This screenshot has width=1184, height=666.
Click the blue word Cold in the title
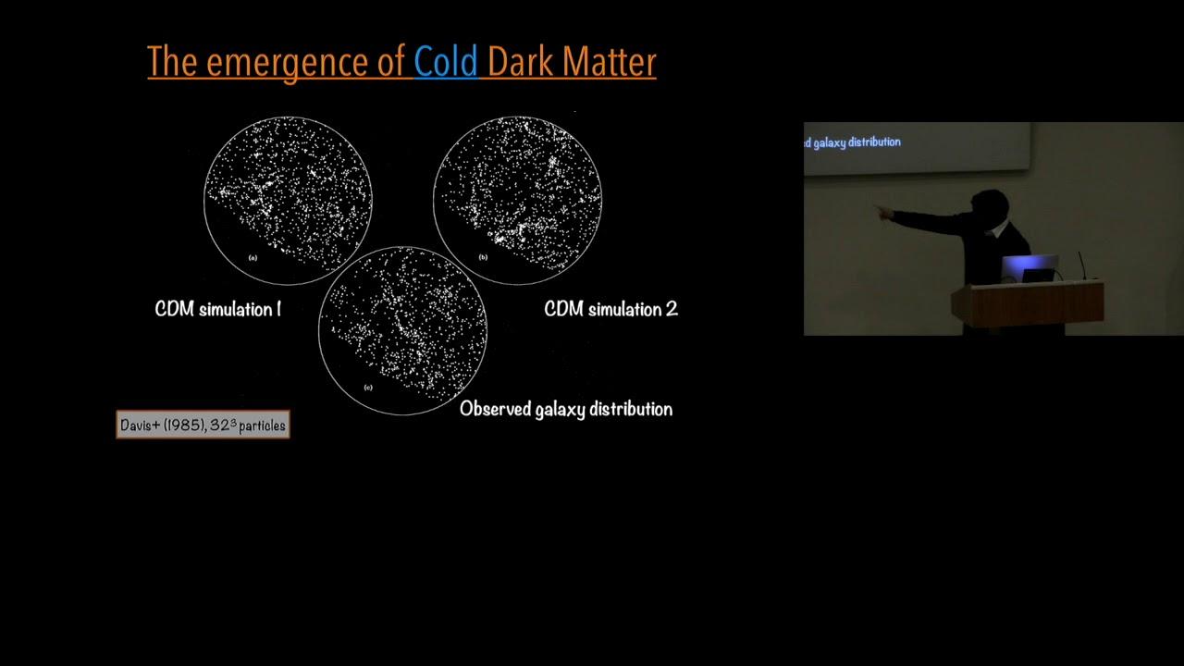[446, 61]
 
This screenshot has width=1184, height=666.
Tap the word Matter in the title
[609, 61]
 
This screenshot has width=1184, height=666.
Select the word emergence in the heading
[287, 63]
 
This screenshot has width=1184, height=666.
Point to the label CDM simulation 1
[217, 309]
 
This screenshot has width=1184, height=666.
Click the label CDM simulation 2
[610, 309]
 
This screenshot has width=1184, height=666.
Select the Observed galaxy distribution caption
[566, 409]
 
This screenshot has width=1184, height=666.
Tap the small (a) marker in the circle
[253, 258]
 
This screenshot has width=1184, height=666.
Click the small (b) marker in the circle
[483, 257]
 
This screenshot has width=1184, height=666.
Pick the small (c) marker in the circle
[368, 388]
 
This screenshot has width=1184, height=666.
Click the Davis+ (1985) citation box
[203, 425]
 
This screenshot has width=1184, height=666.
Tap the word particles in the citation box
[262, 426]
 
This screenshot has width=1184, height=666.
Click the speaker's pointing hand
[882, 212]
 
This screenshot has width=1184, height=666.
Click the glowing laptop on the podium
[1030, 268]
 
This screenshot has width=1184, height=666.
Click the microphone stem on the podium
[1082, 265]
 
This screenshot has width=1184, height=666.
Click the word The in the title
[172, 61]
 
